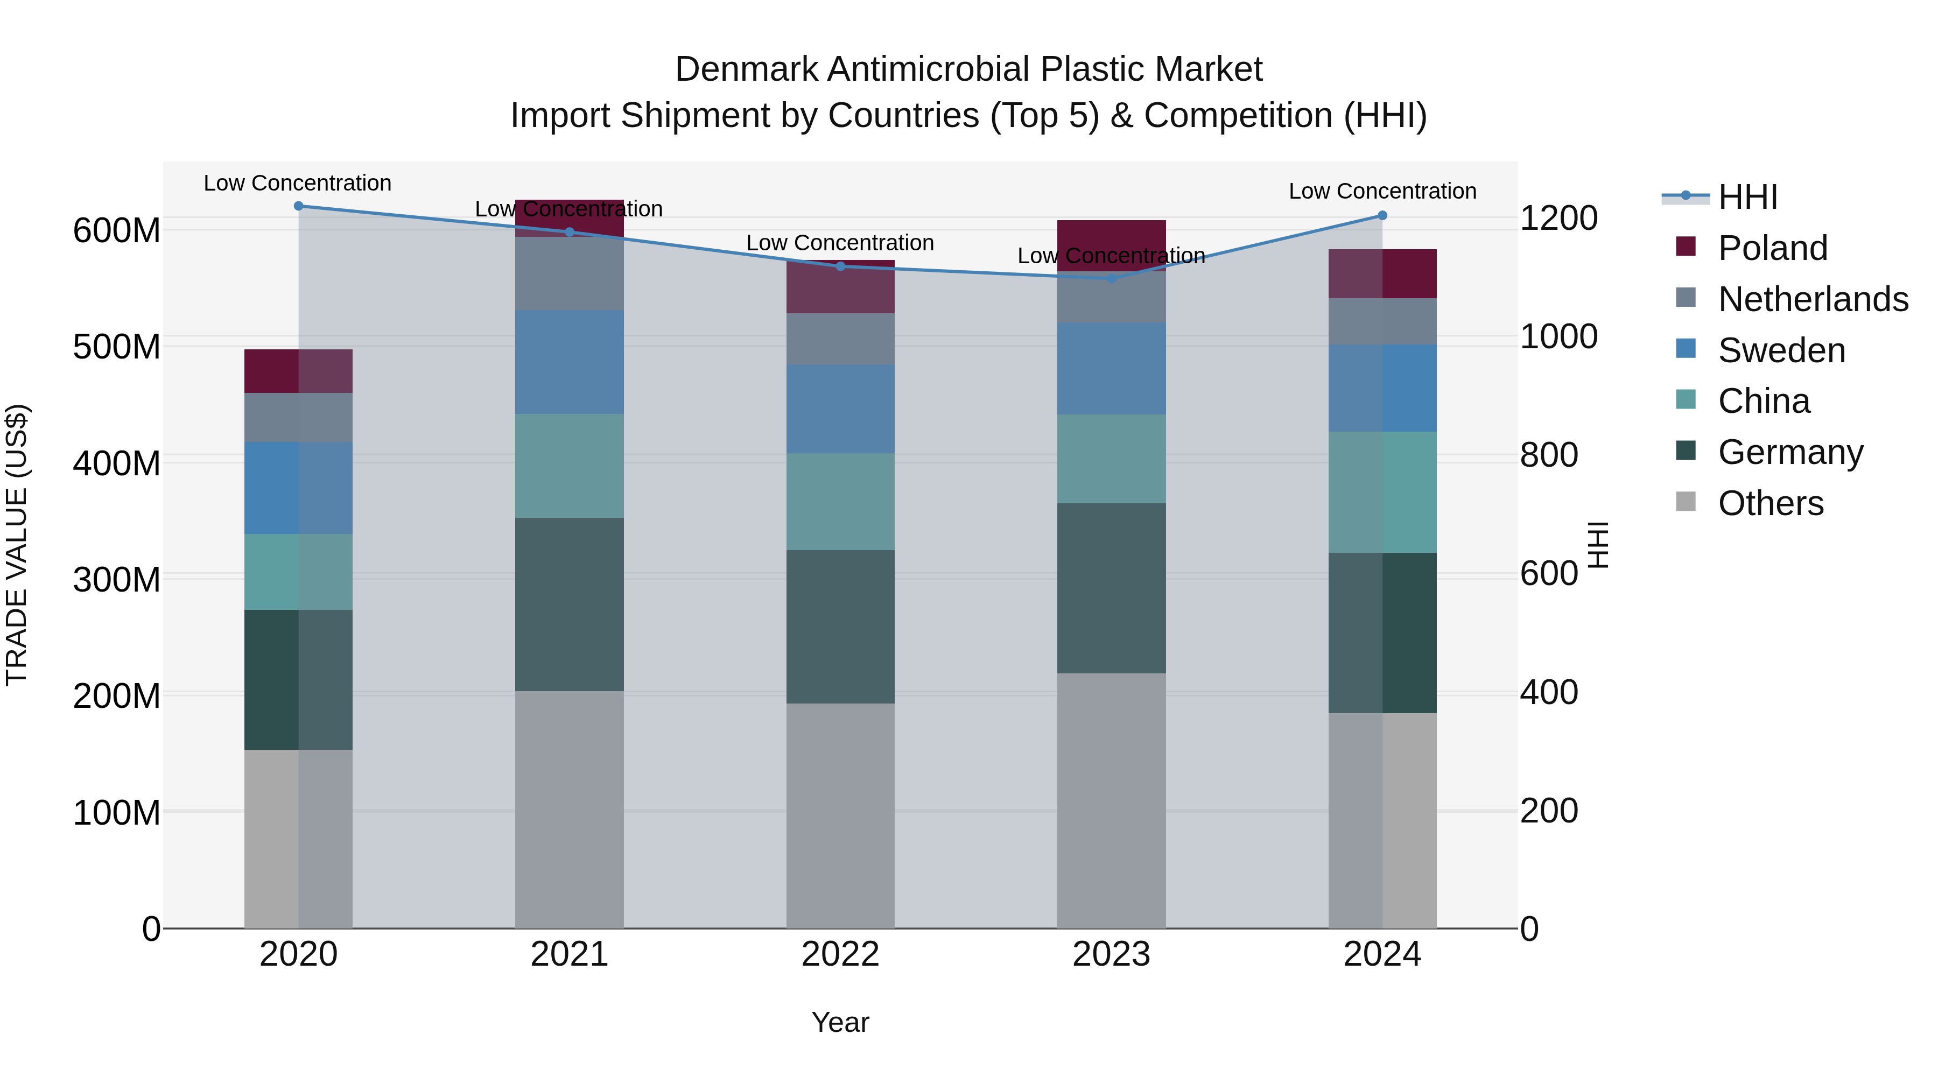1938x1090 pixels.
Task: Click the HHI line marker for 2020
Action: (x=299, y=206)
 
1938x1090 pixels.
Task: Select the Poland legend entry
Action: (x=1773, y=248)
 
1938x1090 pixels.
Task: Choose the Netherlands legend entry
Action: (x=1813, y=299)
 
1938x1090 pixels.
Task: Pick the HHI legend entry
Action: (x=1747, y=197)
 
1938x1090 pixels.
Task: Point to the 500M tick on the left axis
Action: (x=117, y=347)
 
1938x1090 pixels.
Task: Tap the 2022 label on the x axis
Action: (x=840, y=954)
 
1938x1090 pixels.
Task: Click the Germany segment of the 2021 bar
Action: (x=570, y=604)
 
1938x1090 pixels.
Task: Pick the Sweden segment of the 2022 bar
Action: (x=840, y=409)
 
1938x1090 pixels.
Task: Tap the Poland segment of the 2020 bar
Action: (x=299, y=371)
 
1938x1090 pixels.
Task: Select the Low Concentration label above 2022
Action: (x=840, y=243)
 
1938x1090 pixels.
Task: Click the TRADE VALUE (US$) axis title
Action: (x=17, y=545)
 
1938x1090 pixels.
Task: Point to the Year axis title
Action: (x=840, y=1022)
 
